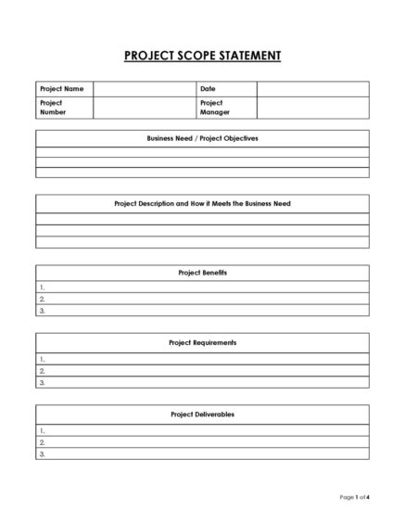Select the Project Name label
pyautogui.click(x=61, y=89)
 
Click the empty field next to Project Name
pyautogui.click(x=144, y=89)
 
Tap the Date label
pyautogui.click(x=208, y=89)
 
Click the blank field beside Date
pyautogui.click(x=311, y=89)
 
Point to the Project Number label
pyautogui.click(x=53, y=108)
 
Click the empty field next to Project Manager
pyautogui.click(x=311, y=108)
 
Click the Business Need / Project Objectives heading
pyautogui.click(x=202, y=138)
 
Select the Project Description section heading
pyautogui.click(x=202, y=203)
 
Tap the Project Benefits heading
pyautogui.click(x=202, y=273)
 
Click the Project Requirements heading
pyautogui.click(x=202, y=342)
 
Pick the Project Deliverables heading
pyautogui.click(x=202, y=414)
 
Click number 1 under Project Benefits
pyautogui.click(x=43, y=288)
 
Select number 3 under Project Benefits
pyautogui.click(x=43, y=312)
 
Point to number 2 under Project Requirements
pyautogui.click(x=43, y=370)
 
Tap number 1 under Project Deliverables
pyautogui.click(x=43, y=431)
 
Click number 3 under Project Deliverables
pyautogui.click(x=43, y=454)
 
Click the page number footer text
pyautogui.click(x=354, y=498)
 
